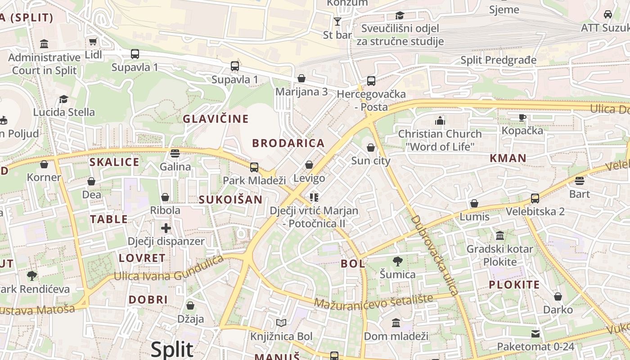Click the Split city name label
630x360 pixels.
(x=172, y=349)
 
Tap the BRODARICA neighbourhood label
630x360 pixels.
(x=288, y=144)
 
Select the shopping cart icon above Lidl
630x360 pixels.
(x=93, y=42)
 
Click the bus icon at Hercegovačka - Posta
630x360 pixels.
(x=371, y=81)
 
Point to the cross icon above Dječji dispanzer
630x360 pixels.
(x=166, y=228)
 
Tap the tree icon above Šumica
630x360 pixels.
(x=397, y=261)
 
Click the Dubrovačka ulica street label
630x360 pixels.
(x=435, y=255)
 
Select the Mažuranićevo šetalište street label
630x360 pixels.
(x=373, y=301)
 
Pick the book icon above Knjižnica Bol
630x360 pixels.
(x=281, y=323)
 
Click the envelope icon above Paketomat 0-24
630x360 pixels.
(x=535, y=333)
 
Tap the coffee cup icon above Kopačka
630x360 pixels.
(x=522, y=117)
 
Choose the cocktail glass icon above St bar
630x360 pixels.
(x=337, y=21)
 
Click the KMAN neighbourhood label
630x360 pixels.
(x=508, y=158)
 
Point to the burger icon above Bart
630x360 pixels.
(x=579, y=181)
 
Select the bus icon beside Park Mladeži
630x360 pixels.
(x=254, y=167)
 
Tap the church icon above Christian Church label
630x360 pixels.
(x=440, y=121)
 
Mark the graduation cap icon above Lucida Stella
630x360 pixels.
(x=63, y=99)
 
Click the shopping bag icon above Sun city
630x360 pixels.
(x=370, y=148)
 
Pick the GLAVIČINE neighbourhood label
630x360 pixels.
(x=215, y=119)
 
